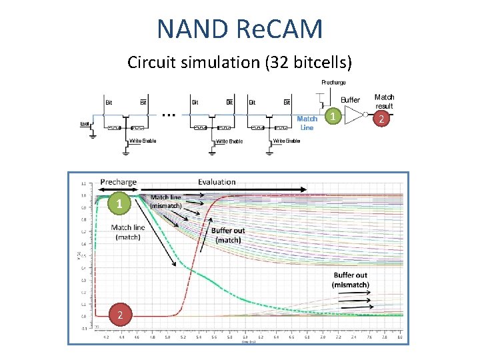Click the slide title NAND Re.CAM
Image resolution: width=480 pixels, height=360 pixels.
(240, 29)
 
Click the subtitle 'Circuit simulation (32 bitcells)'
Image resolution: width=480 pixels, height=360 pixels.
(239, 63)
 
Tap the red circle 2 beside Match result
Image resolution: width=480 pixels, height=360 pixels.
(381, 119)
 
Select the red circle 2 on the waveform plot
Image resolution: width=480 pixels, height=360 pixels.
(119, 315)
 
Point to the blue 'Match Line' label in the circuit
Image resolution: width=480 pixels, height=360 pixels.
(307, 123)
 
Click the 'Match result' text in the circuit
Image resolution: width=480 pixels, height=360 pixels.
(384, 101)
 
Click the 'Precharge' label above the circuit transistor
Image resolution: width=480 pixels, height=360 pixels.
(333, 83)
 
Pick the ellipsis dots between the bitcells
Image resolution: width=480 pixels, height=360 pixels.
(169, 115)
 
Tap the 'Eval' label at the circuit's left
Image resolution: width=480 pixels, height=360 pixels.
(85, 123)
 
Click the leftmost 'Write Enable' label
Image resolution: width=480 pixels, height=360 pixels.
(143, 141)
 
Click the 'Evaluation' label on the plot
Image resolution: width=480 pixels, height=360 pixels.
(217, 181)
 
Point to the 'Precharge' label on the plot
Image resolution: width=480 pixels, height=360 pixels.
(118, 181)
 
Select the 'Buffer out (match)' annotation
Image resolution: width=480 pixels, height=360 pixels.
(228, 235)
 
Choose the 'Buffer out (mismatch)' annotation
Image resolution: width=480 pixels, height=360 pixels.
(351, 279)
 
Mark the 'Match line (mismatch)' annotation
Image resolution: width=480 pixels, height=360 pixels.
(165, 201)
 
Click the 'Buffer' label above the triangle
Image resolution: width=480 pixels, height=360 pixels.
(350, 100)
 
